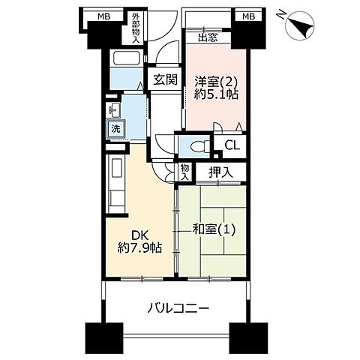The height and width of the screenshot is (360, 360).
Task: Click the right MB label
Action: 246,16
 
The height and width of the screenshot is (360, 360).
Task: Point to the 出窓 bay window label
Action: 208,39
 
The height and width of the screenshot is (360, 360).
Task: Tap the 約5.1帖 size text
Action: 216,97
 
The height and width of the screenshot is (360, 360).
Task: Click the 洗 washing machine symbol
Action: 116,129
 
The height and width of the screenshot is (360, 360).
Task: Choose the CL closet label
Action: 232,145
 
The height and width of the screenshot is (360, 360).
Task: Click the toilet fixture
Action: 195,146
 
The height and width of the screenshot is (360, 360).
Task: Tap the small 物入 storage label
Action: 185,173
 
